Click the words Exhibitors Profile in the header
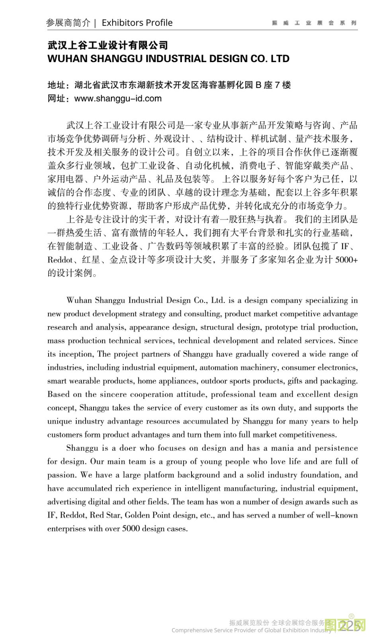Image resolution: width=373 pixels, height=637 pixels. coord(137,23)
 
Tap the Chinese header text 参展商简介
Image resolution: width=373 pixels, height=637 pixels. coord(68,23)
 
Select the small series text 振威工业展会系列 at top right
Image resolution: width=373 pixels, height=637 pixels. coord(314,23)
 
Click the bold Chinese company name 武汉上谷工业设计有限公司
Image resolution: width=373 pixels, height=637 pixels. coord(107,45)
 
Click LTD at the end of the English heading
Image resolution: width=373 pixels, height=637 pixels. coord(280,59)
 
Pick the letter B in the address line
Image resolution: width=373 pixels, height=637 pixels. coord(258,85)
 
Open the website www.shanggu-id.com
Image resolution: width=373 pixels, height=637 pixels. coord(118,98)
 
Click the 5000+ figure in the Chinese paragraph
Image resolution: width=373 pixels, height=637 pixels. coord(346,260)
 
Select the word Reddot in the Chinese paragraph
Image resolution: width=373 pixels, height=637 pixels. coord(60,260)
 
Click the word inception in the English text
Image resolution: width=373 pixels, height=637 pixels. coord(76,354)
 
